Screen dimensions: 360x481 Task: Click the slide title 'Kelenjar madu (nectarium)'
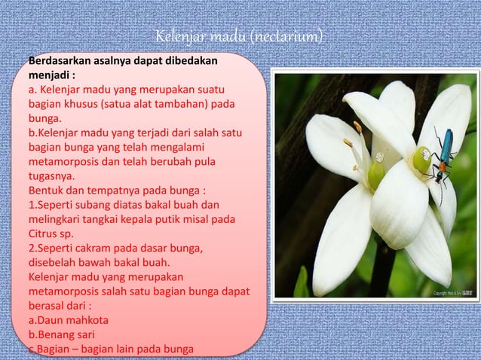point(240,37)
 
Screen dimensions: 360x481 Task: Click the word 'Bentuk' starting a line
point(46,190)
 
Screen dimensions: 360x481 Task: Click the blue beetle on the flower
point(444,157)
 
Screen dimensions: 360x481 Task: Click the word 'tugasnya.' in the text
point(54,175)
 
